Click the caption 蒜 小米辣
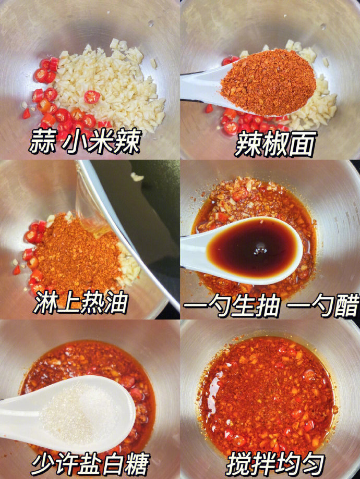click(85, 141)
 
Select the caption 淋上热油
click(81, 302)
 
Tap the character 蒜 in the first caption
click(42, 141)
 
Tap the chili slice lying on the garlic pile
click(92, 97)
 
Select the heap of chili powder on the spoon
click(269, 82)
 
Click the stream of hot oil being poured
click(92, 211)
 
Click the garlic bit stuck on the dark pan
click(137, 177)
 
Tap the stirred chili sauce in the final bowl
click(267, 397)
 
